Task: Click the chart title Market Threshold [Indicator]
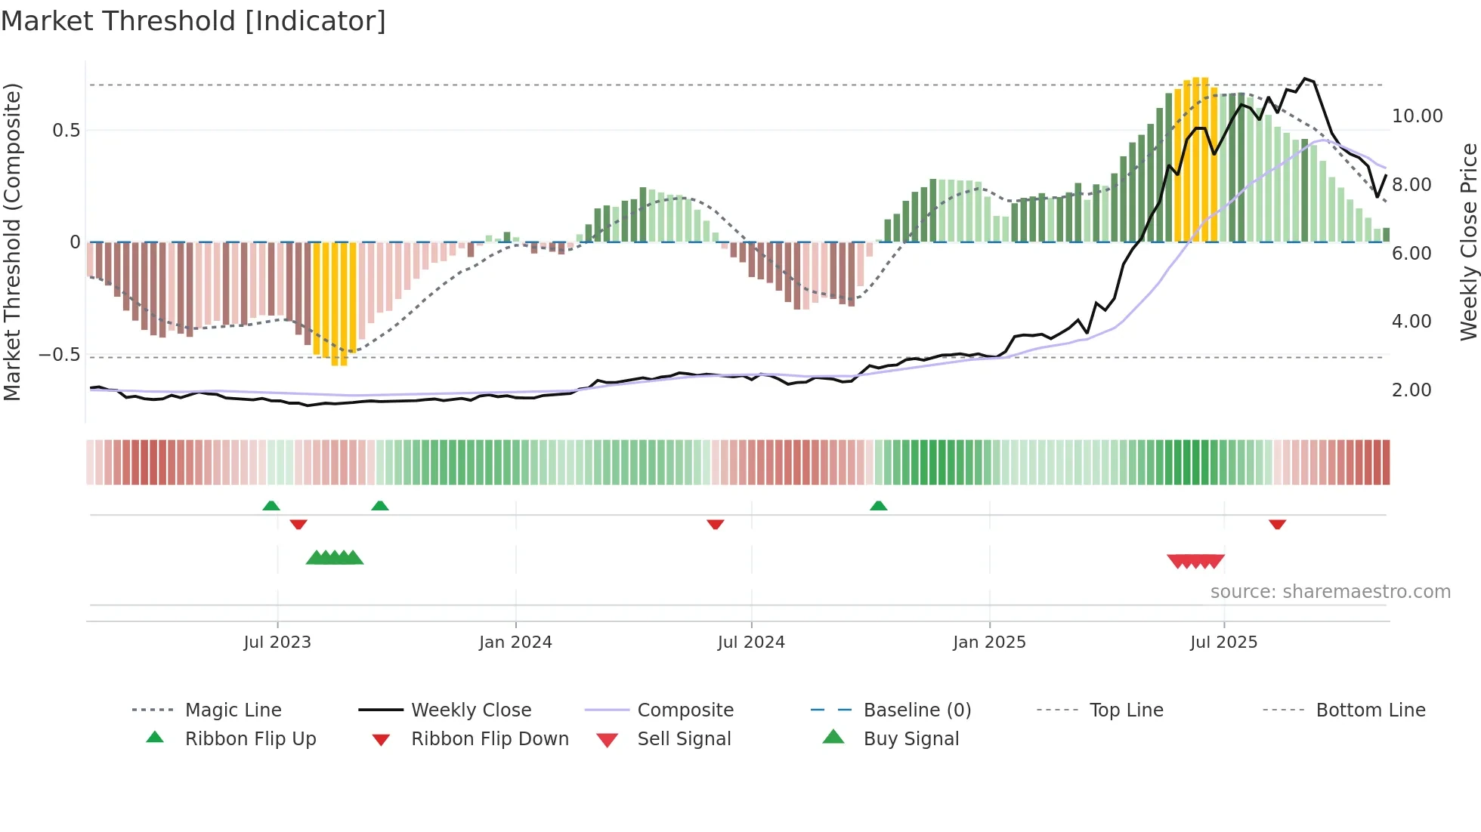(x=193, y=21)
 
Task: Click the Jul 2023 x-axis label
(x=277, y=642)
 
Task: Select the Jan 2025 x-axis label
(x=989, y=642)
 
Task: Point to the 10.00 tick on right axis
(x=1417, y=116)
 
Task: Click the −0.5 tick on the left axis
(x=60, y=355)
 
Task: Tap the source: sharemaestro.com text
(x=1330, y=592)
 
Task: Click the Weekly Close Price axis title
(x=1468, y=242)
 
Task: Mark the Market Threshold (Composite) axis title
(x=12, y=242)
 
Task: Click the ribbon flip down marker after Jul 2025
(x=1278, y=524)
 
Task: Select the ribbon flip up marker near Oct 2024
(x=878, y=506)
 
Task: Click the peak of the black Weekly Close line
(x=1304, y=79)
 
